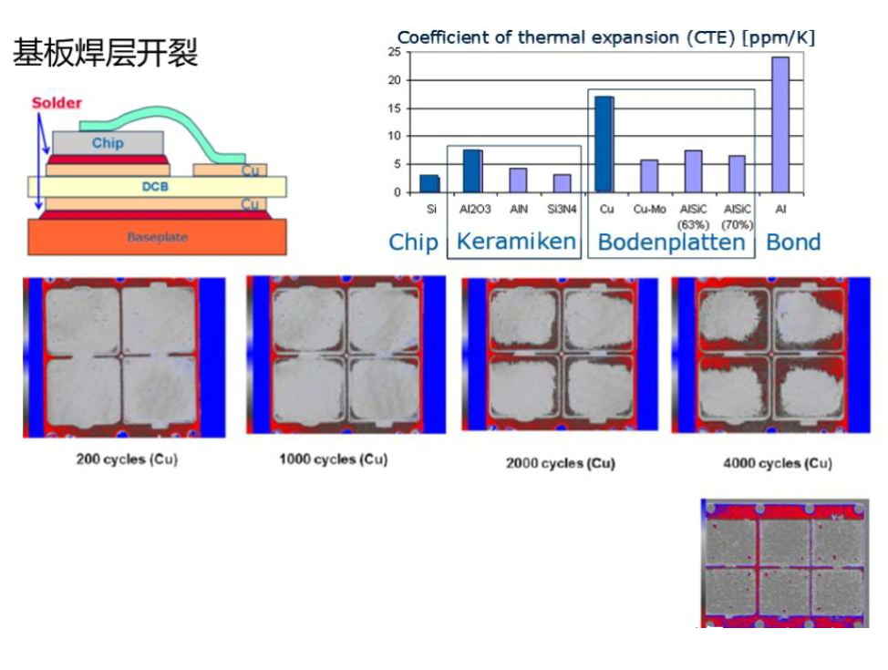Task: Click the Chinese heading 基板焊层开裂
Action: (x=105, y=54)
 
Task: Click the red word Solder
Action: (x=57, y=103)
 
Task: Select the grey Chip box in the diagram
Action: (x=108, y=143)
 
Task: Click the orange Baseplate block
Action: (x=157, y=237)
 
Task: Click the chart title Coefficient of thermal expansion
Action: (x=605, y=37)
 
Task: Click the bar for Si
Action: (x=429, y=183)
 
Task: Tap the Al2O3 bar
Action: (x=472, y=170)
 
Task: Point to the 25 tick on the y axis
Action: (x=394, y=52)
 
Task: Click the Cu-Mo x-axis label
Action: (x=649, y=209)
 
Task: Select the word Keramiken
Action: (x=516, y=242)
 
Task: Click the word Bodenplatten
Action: (x=671, y=242)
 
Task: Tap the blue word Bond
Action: (x=793, y=242)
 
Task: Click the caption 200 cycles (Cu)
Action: (x=127, y=459)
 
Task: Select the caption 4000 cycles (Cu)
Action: (x=778, y=463)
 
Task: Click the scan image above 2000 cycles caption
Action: (x=560, y=356)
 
